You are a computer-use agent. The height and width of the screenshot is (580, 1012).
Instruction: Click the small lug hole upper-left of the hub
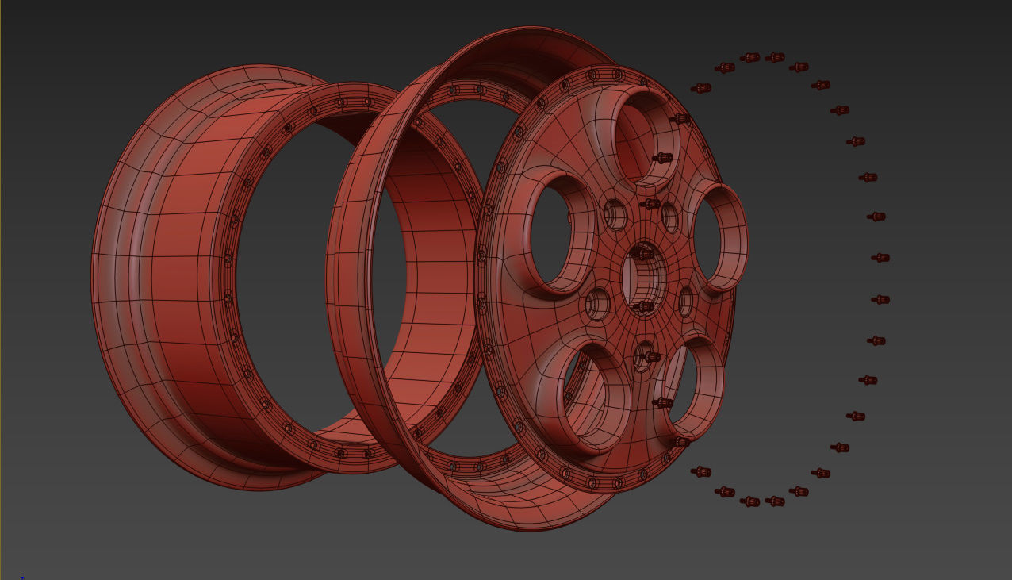tap(615, 213)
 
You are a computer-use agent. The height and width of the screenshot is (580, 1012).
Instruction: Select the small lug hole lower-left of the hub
tap(596, 304)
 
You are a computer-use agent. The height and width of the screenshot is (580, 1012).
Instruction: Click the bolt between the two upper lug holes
tap(650, 204)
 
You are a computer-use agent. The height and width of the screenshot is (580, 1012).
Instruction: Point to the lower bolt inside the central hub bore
tap(643, 306)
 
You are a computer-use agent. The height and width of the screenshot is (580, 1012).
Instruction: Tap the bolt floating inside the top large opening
tap(662, 158)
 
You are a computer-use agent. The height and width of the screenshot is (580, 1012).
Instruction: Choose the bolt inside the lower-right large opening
tap(662, 403)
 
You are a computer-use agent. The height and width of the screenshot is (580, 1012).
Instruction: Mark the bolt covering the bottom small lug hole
tap(650, 357)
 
